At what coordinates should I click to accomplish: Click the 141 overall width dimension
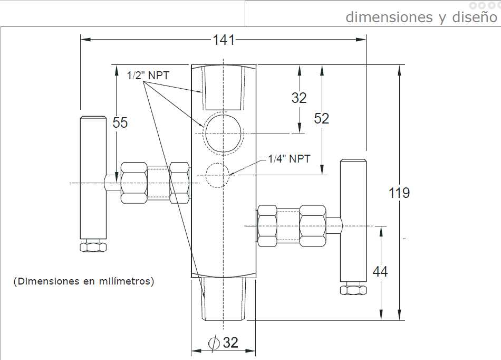(224, 40)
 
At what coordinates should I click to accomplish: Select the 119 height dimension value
(399, 193)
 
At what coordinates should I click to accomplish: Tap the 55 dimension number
(120, 122)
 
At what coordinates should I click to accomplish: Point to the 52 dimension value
(322, 119)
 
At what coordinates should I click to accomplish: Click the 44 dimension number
(380, 272)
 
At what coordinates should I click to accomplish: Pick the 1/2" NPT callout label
(148, 75)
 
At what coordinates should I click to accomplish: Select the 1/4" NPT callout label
(289, 159)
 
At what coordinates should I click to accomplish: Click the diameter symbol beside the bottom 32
(214, 343)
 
